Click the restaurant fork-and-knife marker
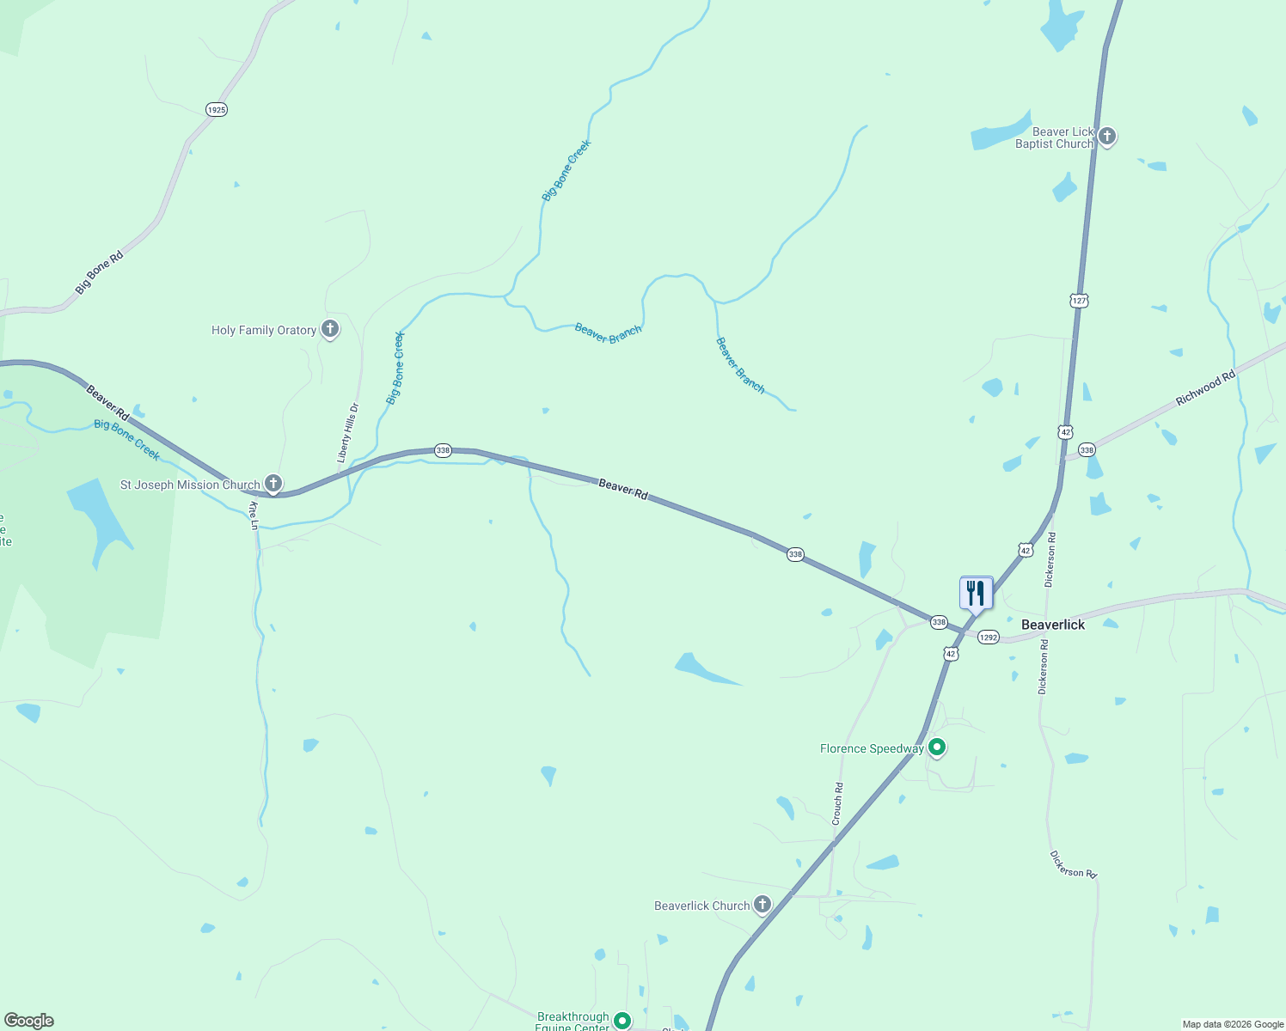pyautogui.click(x=976, y=593)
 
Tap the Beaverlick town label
pyautogui.click(x=1053, y=625)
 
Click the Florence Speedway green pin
pyautogui.click(x=938, y=747)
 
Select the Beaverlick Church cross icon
pyautogui.click(x=762, y=905)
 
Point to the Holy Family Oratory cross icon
pyautogui.click(x=329, y=329)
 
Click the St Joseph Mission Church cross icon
pyautogui.click(x=273, y=484)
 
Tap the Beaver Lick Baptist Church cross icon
pyautogui.click(x=1107, y=136)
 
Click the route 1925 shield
pyautogui.click(x=217, y=110)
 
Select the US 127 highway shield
pyautogui.click(x=1080, y=300)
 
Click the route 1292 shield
pyautogui.click(x=989, y=638)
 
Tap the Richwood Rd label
pyautogui.click(x=1205, y=387)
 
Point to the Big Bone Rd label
pyautogui.click(x=99, y=273)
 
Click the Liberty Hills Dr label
pyautogui.click(x=348, y=433)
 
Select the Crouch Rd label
pyautogui.click(x=838, y=804)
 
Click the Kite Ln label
pyautogui.click(x=254, y=515)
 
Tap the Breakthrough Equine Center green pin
pyautogui.click(x=622, y=1021)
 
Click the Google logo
pyautogui.click(x=29, y=1021)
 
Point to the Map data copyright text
pyautogui.click(x=1233, y=1024)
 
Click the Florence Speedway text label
pyautogui.click(x=872, y=748)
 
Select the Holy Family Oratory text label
pyautogui.click(x=264, y=330)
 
